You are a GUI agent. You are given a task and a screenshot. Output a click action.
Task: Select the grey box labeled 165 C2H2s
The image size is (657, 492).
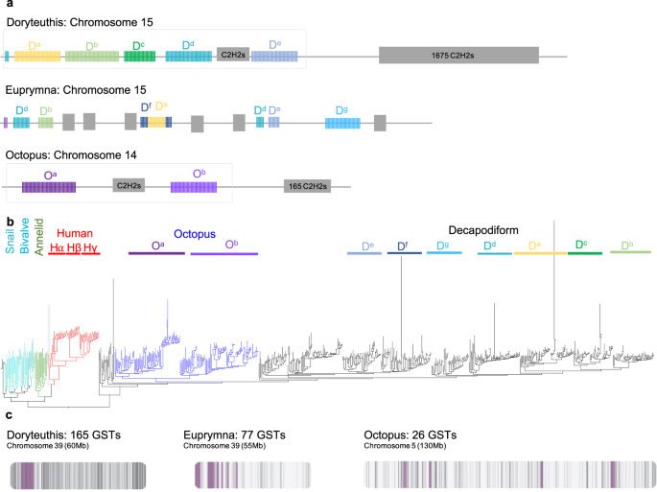pyautogui.click(x=307, y=185)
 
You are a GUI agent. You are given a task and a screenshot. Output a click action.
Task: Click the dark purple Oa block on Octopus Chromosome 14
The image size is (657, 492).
pyautogui.click(x=49, y=185)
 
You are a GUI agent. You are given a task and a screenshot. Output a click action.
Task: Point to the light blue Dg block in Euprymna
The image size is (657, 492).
pyautogui.click(x=342, y=122)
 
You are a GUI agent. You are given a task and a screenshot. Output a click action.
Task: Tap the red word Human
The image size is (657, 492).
pyautogui.click(x=75, y=233)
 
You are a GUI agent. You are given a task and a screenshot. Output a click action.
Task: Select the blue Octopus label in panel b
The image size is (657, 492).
pyautogui.click(x=195, y=233)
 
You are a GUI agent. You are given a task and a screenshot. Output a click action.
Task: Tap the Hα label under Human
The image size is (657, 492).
pyautogui.click(x=57, y=248)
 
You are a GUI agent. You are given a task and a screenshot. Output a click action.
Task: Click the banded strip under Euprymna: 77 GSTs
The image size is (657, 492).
pyautogui.click(x=252, y=474)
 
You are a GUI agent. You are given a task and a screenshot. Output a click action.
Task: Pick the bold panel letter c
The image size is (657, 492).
pyautogui.click(x=9, y=414)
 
